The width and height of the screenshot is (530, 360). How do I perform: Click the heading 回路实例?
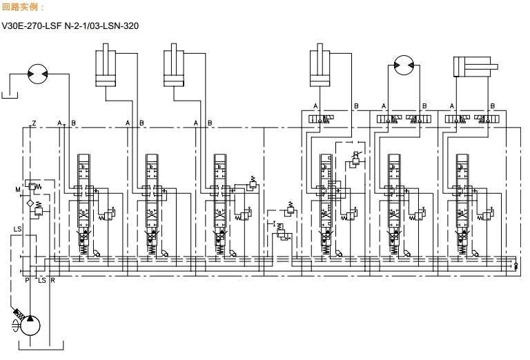[23, 7]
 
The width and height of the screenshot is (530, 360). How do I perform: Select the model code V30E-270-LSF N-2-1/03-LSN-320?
[80, 28]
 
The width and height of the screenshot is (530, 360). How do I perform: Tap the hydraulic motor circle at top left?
[37, 73]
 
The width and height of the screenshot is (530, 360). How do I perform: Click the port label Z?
[34, 123]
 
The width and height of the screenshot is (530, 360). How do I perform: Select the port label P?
[28, 280]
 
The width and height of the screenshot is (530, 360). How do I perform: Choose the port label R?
[52, 280]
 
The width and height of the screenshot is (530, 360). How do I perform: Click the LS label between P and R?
[41, 280]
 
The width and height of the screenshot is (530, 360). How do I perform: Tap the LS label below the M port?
[17, 230]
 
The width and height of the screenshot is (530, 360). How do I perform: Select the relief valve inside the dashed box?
[356, 159]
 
